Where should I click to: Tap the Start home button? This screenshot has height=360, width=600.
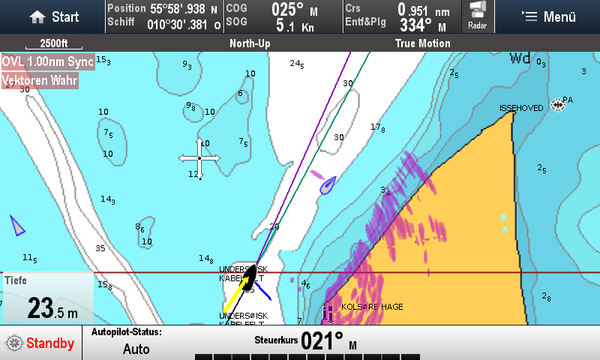[x=54, y=16]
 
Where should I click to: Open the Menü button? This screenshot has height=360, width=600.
[x=548, y=16]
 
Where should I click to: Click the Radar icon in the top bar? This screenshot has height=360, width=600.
[x=477, y=16]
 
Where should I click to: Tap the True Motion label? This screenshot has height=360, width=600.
[x=422, y=43]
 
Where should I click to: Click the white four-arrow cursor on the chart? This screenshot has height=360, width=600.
[x=199, y=158]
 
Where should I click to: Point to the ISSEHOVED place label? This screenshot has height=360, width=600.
[x=521, y=109]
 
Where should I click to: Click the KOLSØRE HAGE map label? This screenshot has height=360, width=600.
[x=373, y=307]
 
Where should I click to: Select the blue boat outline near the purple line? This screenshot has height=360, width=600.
[x=328, y=184]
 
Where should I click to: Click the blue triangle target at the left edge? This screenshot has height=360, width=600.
[x=16, y=224]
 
